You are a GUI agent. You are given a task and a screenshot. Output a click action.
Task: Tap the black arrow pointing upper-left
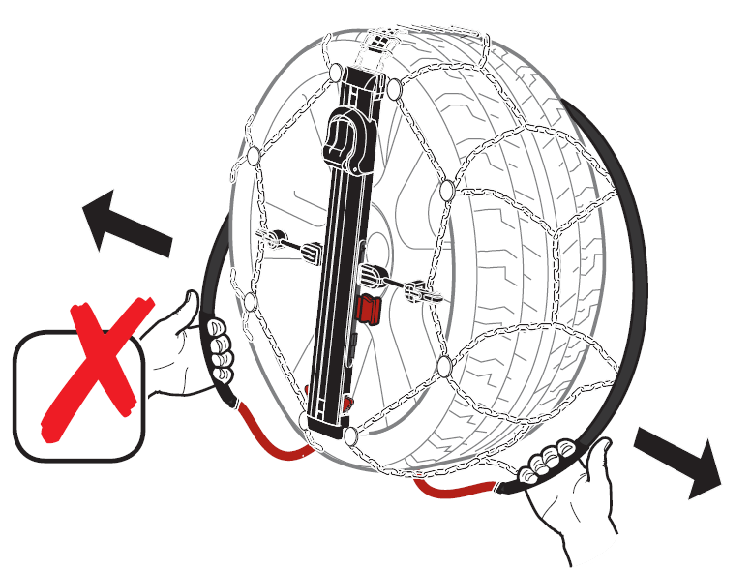tap(125, 224)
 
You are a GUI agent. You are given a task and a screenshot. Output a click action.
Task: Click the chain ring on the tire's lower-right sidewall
tap(443, 365)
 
